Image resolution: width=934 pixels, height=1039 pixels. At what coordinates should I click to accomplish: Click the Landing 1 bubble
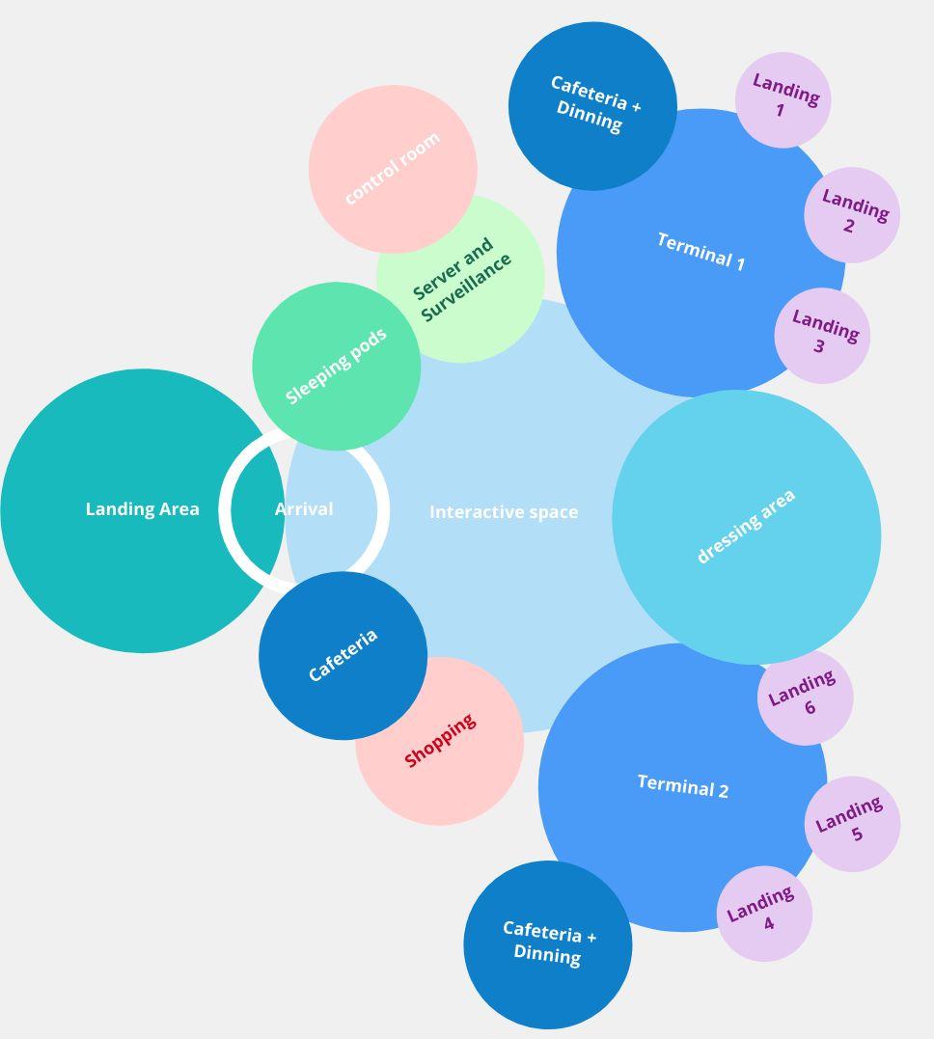783,100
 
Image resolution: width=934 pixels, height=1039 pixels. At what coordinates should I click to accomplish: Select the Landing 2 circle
852,215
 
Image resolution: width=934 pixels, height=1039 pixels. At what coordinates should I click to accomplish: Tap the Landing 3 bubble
822,335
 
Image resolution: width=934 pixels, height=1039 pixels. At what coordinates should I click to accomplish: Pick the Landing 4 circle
764,913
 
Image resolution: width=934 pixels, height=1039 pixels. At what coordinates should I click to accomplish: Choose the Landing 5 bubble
852,823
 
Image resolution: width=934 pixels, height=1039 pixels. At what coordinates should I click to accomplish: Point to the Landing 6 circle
806,697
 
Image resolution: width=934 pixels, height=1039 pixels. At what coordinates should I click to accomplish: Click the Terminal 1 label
700,252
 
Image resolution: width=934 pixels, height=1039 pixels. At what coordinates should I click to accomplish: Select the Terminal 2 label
683,786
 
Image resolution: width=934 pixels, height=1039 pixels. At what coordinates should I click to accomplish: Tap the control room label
392,168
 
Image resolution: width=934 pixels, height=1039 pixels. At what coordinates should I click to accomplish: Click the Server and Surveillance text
461,279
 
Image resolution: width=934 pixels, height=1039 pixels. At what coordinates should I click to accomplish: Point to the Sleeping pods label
336,366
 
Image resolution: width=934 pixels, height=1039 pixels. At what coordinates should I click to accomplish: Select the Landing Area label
143,509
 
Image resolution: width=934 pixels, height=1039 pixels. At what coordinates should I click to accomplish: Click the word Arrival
304,509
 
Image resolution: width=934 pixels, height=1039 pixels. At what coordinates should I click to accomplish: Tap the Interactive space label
504,512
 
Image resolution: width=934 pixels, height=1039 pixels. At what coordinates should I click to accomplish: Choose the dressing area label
746,526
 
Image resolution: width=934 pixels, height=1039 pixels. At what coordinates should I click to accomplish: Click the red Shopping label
440,741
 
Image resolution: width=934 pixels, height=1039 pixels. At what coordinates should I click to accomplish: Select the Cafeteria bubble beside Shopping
343,656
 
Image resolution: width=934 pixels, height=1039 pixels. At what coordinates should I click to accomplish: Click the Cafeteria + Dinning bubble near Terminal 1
592,106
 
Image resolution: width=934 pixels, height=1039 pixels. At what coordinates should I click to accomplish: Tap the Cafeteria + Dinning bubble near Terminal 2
548,943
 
